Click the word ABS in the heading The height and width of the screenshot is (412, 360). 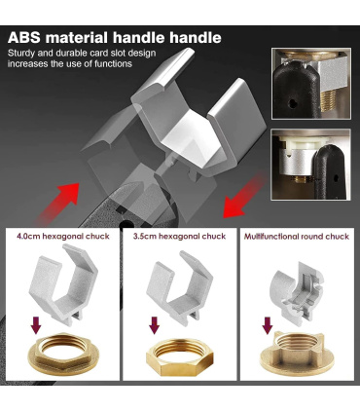pyautogui.click(x=24, y=38)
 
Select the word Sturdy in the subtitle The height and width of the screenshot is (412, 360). pyautogui.click(x=19, y=54)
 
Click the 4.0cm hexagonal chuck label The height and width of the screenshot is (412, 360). pyautogui.click(x=63, y=236)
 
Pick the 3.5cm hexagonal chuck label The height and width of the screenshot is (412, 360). pyautogui.click(x=179, y=236)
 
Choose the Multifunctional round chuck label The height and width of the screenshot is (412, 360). pyautogui.click(x=297, y=237)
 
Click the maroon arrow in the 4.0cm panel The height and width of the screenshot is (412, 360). pyautogui.click(x=36, y=325)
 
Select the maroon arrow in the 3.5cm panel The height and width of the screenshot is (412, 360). pyautogui.click(x=155, y=325)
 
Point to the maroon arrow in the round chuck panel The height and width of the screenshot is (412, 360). pyautogui.click(x=268, y=325)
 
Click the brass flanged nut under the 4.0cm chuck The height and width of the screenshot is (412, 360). pyautogui.click(x=63, y=355)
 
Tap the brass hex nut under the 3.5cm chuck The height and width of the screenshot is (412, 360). pyautogui.click(x=179, y=356)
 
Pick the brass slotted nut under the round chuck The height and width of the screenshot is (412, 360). pyautogui.click(x=297, y=354)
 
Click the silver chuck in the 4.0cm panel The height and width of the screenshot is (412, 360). pyautogui.click(x=63, y=285)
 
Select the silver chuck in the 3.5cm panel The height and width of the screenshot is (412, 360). pyautogui.click(x=179, y=287)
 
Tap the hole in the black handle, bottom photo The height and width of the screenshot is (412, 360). pyautogui.click(x=336, y=178)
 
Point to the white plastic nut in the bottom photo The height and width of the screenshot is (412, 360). pyautogui.click(x=302, y=142)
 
